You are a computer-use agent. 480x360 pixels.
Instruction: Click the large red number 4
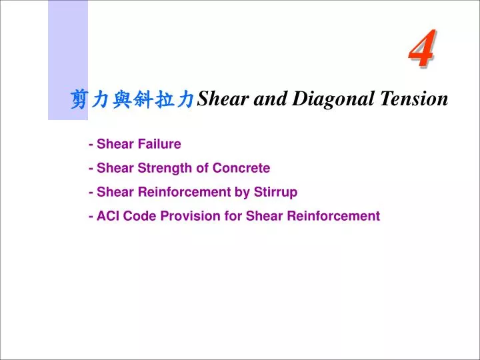(422, 49)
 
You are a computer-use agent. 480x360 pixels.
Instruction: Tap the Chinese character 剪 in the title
(79, 100)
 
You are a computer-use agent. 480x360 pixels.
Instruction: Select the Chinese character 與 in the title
(121, 100)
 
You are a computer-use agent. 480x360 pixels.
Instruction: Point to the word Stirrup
(275, 192)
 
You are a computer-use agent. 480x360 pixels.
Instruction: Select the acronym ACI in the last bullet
(107, 216)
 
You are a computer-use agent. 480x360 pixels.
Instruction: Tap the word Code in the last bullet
(138, 216)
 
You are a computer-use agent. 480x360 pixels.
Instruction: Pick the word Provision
(191, 216)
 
